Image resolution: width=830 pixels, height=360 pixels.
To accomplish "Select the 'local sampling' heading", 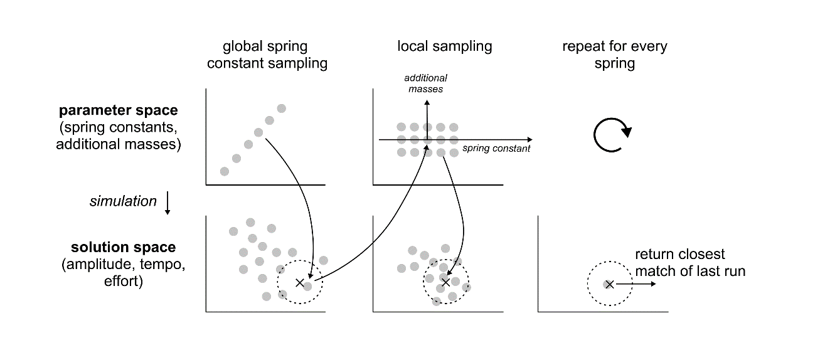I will click(444, 46).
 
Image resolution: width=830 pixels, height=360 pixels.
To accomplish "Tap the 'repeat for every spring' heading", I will click(614, 55).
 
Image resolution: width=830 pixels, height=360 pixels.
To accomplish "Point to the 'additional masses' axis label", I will click(425, 83).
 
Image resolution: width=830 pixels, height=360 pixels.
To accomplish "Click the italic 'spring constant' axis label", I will click(496, 149).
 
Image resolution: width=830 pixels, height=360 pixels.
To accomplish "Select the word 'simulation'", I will click(123, 201).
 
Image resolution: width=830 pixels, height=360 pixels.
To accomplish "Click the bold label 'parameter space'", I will click(118, 110).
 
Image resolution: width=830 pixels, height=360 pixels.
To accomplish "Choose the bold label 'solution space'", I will click(123, 248).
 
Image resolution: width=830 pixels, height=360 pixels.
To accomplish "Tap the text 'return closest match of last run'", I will click(690, 263).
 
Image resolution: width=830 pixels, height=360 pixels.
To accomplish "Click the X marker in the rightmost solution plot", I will click(609, 284).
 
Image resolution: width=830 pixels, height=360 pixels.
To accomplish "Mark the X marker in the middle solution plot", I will click(445, 282).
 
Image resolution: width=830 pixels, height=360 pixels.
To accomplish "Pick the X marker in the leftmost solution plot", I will click(299, 283).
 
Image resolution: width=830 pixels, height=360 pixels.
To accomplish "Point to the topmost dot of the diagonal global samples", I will click(281, 109).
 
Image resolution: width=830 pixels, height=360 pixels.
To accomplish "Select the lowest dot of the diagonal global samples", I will click(225, 171).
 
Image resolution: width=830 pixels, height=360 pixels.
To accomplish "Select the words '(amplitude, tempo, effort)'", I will click(124, 273).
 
